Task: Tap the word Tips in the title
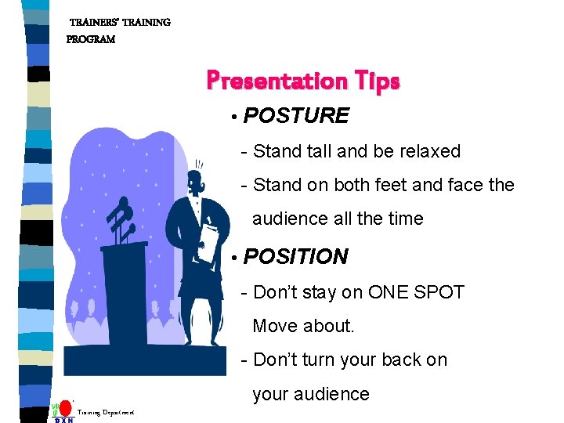(x=377, y=81)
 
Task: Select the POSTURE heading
(x=295, y=116)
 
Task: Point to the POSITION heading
(x=295, y=257)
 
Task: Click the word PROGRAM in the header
(x=91, y=39)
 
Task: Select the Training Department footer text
(x=106, y=412)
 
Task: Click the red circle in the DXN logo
(x=67, y=408)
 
